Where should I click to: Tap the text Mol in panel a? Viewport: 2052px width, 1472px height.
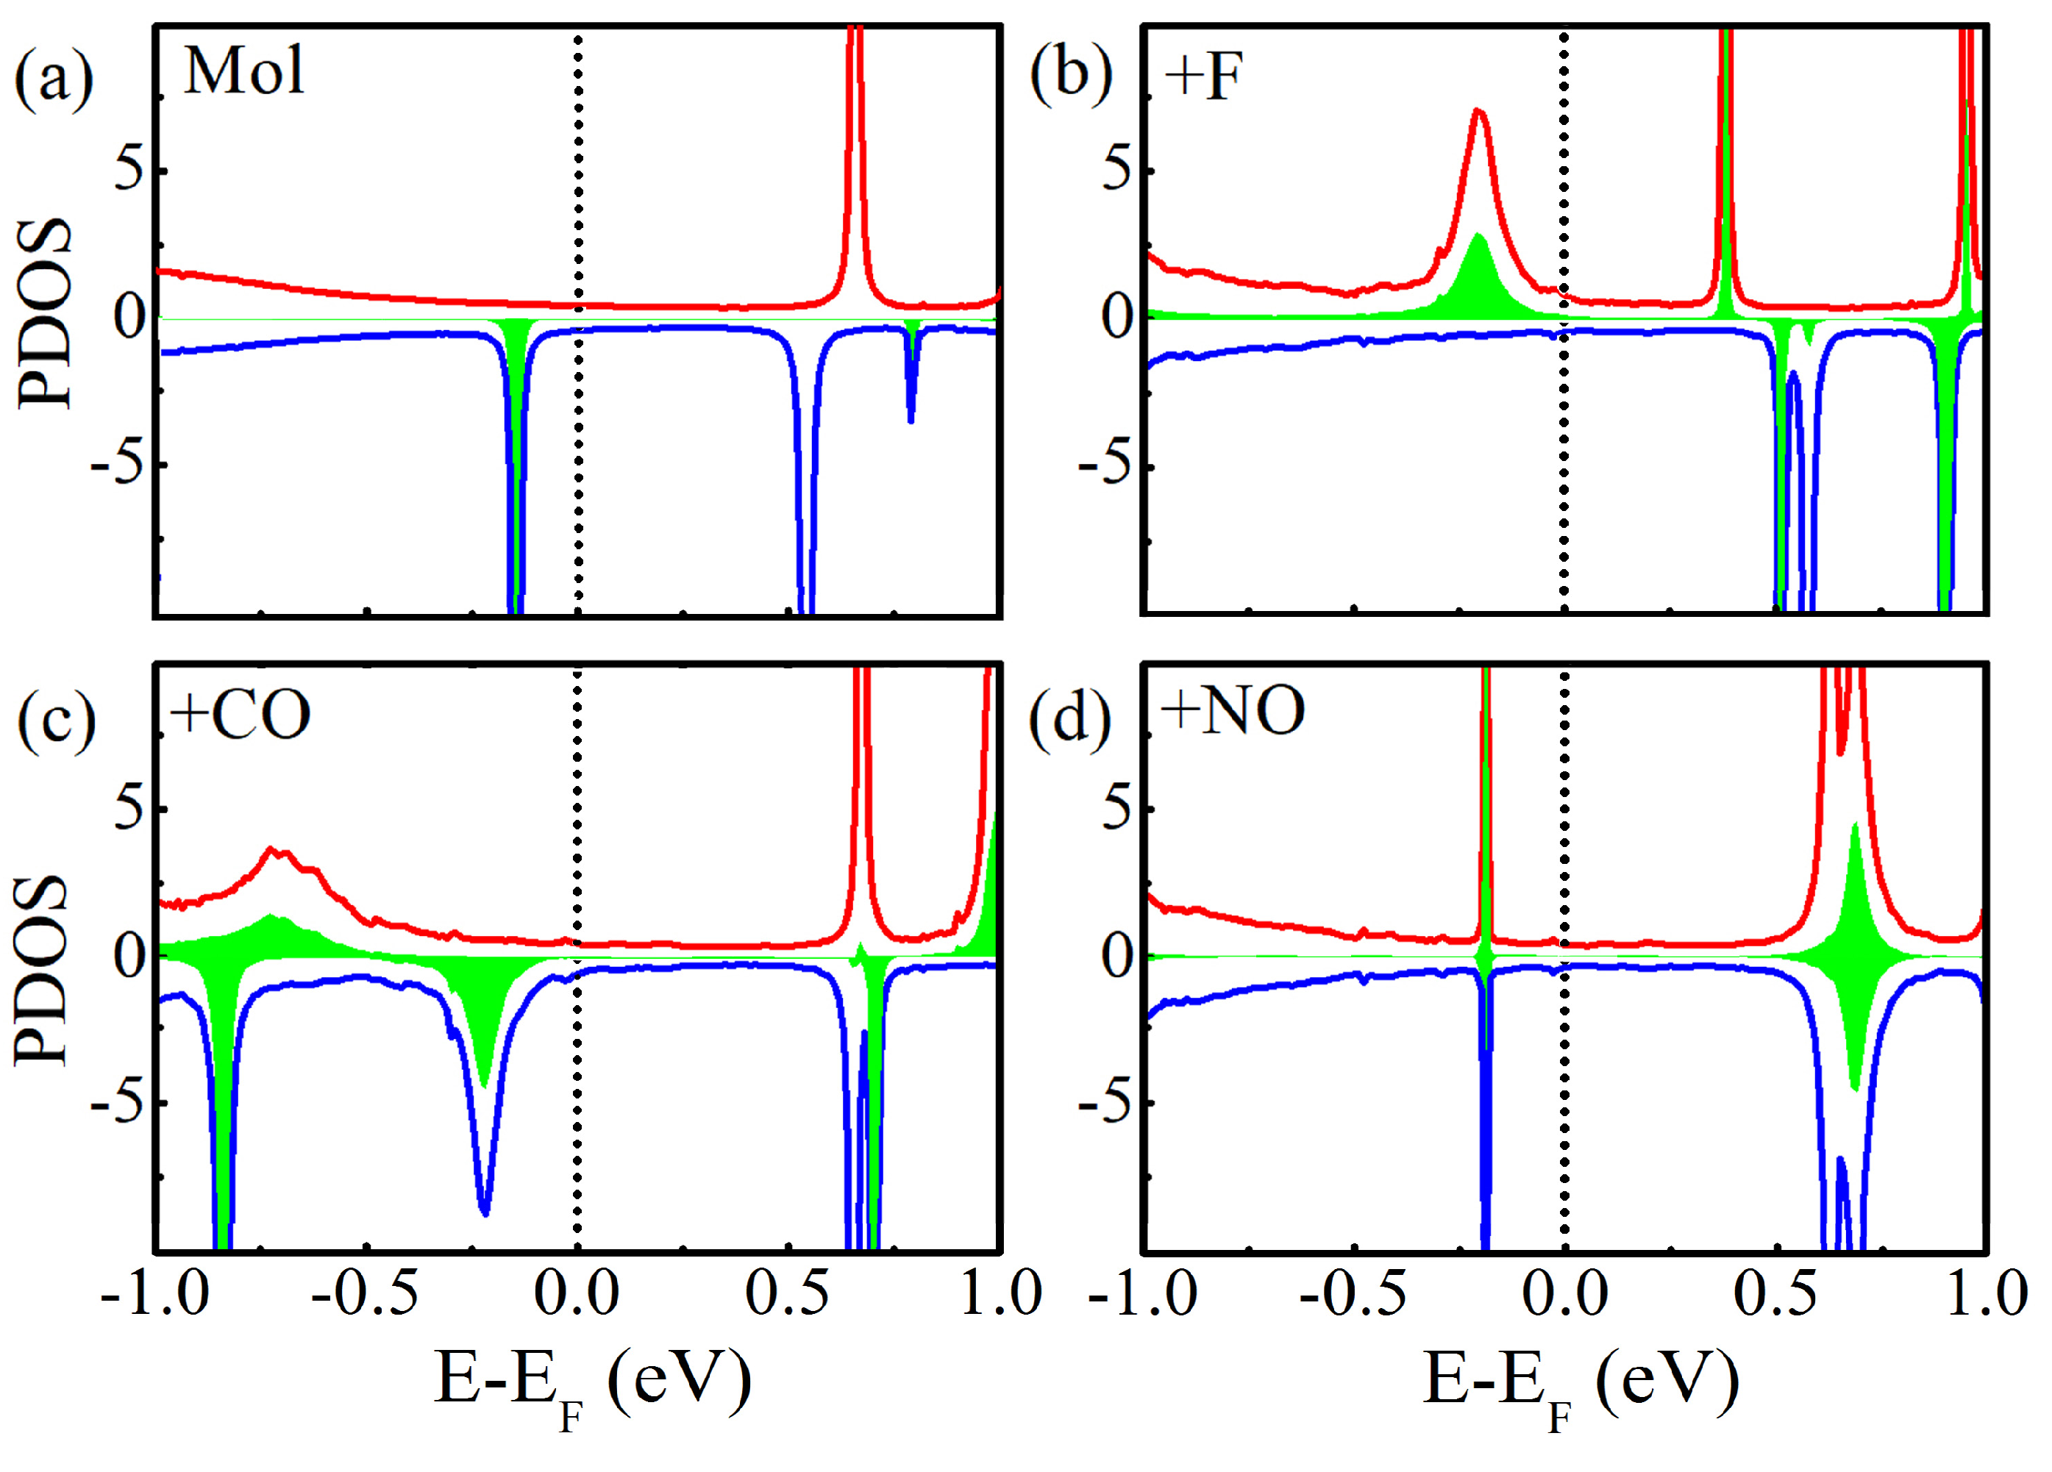click(243, 71)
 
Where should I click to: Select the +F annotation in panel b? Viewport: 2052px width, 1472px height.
click(1203, 77)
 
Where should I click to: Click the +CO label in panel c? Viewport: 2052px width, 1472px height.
click(240, 715)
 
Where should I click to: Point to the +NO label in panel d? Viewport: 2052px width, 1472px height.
click(1232, 711)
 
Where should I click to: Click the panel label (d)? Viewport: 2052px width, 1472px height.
click(1070, 719)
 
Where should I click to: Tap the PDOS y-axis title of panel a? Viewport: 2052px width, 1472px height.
click(43, 314)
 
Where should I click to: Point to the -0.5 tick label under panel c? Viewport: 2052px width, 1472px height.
click(365, 1295)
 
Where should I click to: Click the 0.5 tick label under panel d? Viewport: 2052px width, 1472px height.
click(1774, 1295)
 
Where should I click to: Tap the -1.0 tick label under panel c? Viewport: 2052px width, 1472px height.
click(154, 1295)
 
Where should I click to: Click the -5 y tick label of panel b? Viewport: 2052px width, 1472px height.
click(1105, 465)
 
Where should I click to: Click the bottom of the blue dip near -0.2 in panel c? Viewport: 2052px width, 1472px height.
click(484, 1212)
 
